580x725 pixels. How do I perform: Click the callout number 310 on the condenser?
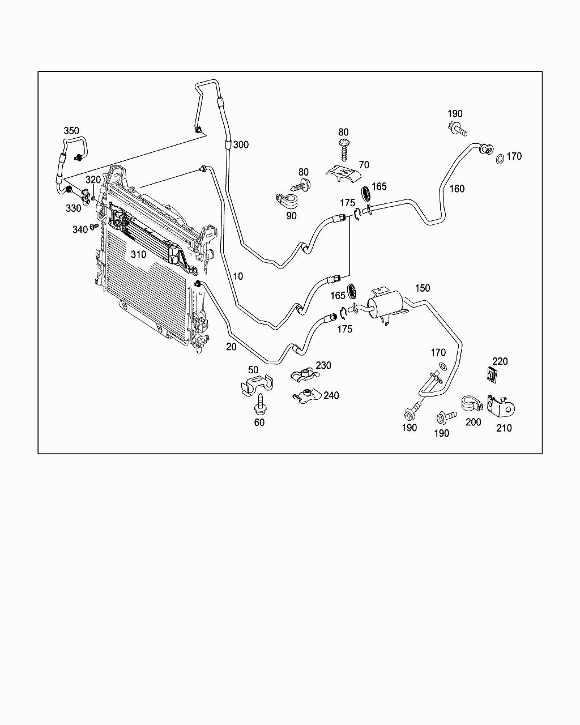[139, 254]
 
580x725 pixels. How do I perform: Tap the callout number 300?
[241, 145]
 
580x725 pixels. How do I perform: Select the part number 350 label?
[71, 131]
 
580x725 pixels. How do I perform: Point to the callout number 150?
[423, 288]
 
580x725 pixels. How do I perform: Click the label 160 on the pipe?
[457, 188]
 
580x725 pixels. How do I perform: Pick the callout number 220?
[500, 361]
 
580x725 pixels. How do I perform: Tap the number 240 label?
[331, 395]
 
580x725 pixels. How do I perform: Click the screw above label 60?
[261, 403]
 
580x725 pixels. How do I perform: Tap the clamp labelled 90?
[288, 201]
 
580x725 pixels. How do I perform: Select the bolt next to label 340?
[94, 227]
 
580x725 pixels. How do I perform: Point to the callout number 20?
[231, 347]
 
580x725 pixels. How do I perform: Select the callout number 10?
[238, 276]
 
